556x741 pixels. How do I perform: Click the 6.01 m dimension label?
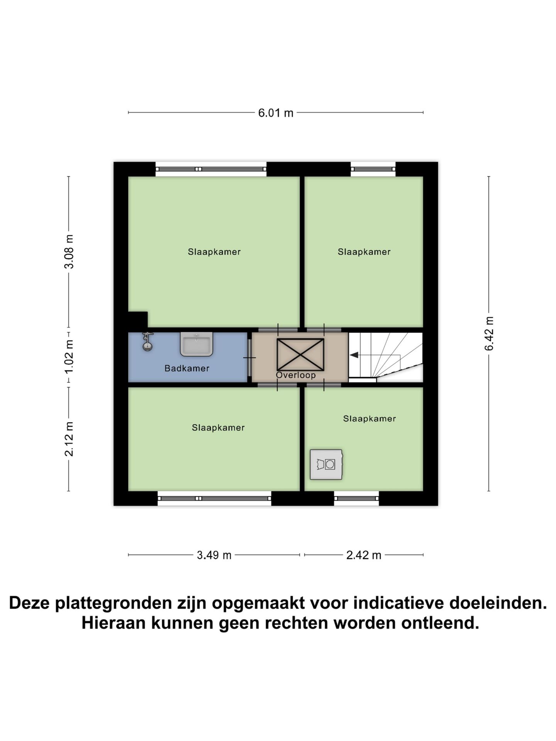click(276, 113)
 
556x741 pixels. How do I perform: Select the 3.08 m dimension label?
click(69, 252)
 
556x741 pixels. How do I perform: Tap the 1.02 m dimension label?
click(69, 357)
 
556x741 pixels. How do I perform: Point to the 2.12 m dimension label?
click(69, 439)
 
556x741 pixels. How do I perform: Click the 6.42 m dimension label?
click(489, 333)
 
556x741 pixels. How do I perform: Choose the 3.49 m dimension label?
click(214, 555)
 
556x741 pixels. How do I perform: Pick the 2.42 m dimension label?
click(363, 555)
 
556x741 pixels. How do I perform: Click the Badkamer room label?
click(187, 369)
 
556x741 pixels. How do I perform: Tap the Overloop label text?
click(296, 375)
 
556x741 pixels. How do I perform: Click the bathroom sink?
click(197, 344)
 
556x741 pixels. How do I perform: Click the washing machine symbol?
click(326, 464)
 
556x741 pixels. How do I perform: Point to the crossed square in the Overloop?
click(300, 354)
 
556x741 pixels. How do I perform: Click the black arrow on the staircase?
click(354, 355)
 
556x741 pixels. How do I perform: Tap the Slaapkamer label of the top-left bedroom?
click(214, 252)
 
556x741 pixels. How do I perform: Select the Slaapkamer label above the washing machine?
click(370, 419)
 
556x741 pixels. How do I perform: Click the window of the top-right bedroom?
click(373, 169)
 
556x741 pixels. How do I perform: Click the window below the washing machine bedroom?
click(356, 498)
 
